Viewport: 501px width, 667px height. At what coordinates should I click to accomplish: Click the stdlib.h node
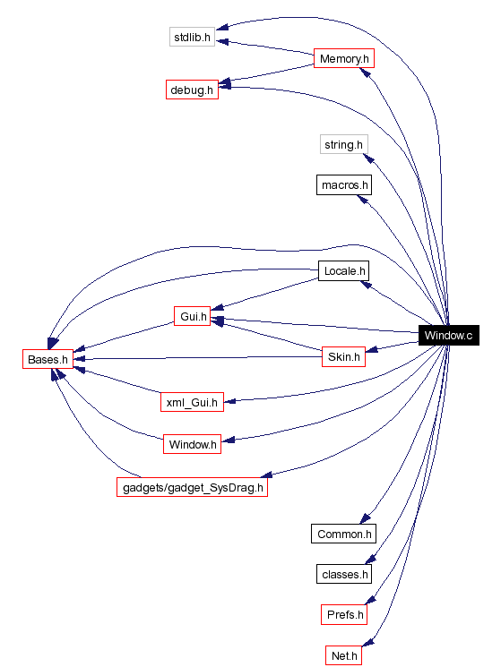tap(192, 37)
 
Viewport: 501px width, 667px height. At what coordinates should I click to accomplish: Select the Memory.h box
tap(343, 59)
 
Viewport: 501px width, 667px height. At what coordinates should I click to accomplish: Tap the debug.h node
tap(192, 90)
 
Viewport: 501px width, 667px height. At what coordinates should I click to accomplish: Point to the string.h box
tap(344, 143)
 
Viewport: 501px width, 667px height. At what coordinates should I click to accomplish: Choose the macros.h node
tap(344, 185)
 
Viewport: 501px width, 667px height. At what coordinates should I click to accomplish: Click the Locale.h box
tap(344, 270)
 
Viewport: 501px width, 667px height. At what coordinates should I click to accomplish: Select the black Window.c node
tap(448, 336)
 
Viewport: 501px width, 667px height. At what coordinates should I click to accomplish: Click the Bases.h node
tap(47, 360)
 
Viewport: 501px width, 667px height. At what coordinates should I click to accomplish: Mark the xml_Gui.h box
tap(191, 402)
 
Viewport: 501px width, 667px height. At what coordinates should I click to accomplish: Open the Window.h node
tap(192, 444)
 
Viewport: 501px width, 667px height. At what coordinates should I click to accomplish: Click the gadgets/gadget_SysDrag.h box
tap(192, 487)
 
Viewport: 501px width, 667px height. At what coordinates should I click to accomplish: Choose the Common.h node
tap(344, 534)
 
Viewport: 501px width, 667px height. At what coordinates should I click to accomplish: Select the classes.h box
tap(344, 573)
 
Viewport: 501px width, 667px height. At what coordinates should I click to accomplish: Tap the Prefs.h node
tap(344, 614)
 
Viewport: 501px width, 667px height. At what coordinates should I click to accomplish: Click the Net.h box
tap(344, 655)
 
